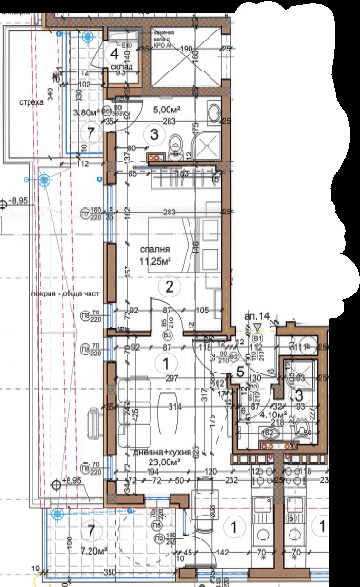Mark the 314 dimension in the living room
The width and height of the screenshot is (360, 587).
tap(174, 407)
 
